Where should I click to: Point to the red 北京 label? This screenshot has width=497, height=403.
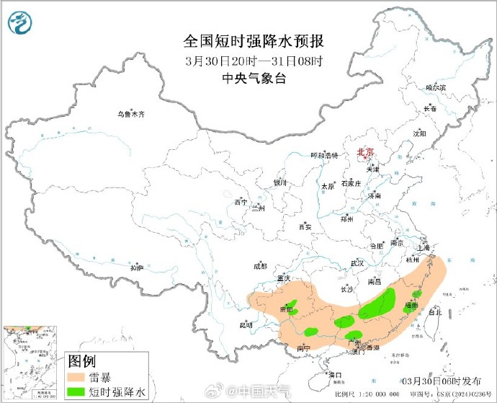366,152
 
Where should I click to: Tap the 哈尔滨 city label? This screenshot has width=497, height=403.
436,87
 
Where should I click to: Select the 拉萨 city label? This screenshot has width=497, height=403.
137,267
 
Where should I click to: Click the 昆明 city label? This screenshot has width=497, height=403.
246,324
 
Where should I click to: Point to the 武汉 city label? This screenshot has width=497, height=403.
357,263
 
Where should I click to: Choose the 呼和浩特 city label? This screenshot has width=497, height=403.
323,155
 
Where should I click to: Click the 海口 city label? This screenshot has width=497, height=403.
334,375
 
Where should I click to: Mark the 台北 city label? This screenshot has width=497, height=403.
435,313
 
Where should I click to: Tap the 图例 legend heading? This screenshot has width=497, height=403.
82,360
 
